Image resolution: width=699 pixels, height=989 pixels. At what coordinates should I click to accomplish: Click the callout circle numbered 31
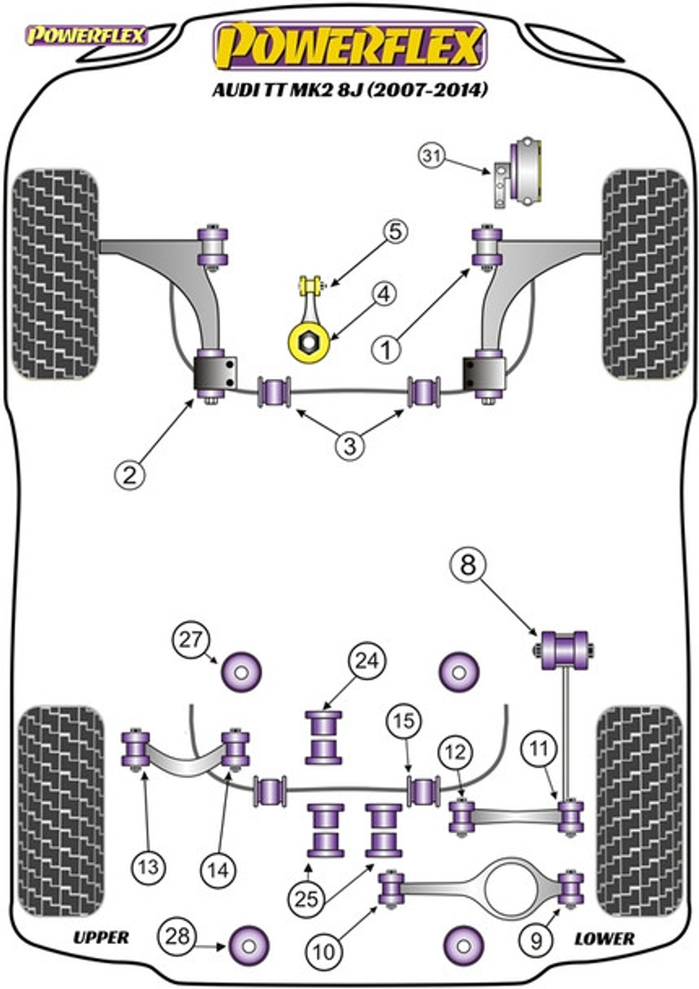[x=432, y=156]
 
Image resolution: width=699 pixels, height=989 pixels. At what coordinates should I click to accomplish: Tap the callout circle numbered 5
[x=395, y=233]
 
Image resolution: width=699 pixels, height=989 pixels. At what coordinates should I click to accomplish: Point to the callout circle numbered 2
[x=129, y=476]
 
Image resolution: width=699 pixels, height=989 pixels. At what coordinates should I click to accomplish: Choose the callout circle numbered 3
[x=350, y=445]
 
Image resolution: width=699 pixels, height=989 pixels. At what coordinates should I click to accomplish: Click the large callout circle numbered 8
[x=468, y=565]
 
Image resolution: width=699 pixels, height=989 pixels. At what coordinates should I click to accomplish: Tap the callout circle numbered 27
[x=190, y=640]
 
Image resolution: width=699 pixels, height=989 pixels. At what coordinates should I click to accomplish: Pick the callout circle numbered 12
[x=456, y=752]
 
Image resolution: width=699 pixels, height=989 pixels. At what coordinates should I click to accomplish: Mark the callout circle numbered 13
[x=149, y=867]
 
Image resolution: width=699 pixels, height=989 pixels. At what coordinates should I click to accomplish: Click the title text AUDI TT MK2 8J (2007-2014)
[x=350, y=90]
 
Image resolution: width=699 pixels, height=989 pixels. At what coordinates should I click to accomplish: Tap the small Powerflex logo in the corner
[x=87, y=36]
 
